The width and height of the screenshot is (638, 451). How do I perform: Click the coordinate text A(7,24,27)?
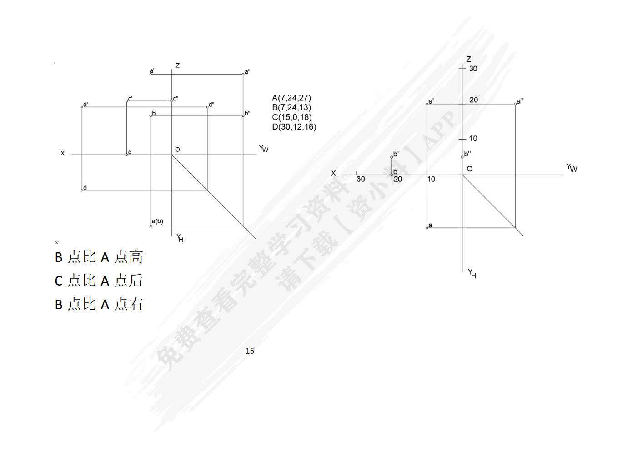coord(291,98)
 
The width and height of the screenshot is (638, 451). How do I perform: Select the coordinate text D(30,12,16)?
coord(294,127)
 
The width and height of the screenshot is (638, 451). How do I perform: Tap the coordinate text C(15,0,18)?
coord(292,117)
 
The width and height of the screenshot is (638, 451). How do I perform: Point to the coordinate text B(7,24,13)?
coord(291,107)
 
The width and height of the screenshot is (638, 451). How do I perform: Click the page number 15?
coord(250,351)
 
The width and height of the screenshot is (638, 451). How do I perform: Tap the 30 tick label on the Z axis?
coord(473,69)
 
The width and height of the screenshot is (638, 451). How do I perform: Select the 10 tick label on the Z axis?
coord(473,139)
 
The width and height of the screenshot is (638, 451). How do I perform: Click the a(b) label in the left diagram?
coord(157,221)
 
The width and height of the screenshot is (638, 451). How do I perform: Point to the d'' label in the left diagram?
coord(211,105)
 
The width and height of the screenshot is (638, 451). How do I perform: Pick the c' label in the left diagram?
coord(130,99)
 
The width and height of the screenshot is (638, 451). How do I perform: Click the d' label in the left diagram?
coord(85,105)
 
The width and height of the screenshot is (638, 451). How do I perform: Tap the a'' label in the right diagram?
coord(520,101)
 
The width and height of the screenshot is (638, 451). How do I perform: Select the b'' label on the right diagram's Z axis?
coord(467,154)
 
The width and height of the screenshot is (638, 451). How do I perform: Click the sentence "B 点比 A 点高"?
coord(99,257)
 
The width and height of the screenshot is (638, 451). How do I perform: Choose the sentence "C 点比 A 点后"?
coord(99,281)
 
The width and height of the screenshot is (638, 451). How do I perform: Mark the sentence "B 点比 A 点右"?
coord(99,304)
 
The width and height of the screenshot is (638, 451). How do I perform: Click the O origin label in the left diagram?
coord(177,150)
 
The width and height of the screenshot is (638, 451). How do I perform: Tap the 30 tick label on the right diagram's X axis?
coord(361,179)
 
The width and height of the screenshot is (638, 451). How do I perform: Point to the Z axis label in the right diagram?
coord(468,59)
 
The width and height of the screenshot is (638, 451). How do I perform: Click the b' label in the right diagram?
coord(396,154)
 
